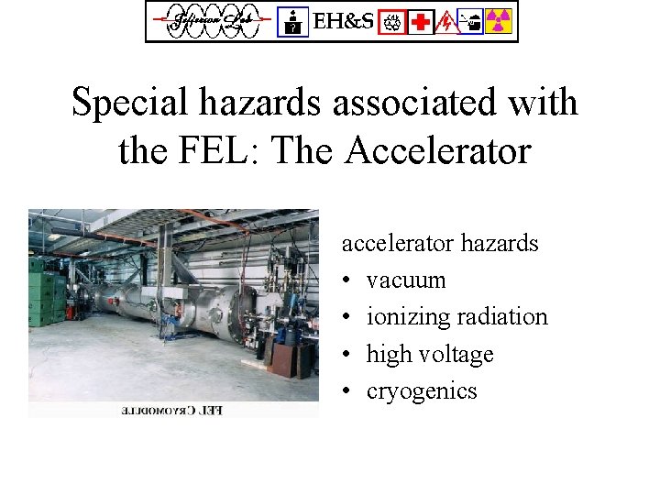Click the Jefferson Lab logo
(210, 21)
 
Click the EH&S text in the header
(343, 21)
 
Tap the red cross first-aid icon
(421, 21)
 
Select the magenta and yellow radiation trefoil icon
(499, 21)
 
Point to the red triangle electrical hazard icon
(446, 21)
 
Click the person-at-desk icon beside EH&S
(292, 21)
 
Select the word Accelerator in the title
(437, 150)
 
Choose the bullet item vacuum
(405, 280)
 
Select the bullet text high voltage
(429, 354)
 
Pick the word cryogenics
(422, 391)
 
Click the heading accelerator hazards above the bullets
(440, 243)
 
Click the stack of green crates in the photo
(45, 293)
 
